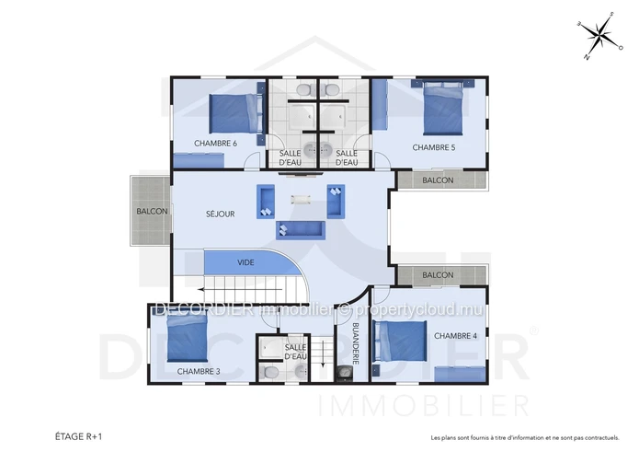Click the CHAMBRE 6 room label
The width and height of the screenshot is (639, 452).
(215, 144)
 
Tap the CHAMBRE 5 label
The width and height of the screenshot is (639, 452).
(434, 147)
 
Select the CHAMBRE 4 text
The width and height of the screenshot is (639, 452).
(455, 336)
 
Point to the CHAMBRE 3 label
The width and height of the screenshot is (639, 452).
(199, 372)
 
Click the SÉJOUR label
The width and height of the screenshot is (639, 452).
(220, 214)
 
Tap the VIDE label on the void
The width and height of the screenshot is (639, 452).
(245, 262)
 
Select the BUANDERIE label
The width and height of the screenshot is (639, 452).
(356, 343)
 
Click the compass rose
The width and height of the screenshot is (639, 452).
(600, 36)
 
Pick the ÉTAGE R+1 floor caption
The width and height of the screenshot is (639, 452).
(79, 436)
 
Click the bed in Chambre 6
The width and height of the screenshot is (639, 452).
(235, 113)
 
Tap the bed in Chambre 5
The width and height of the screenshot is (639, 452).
(443, 109)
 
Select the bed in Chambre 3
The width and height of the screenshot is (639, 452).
(188, 339)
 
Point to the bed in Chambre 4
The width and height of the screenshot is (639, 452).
(400, 341)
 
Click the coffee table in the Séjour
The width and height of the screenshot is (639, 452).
(301, 200)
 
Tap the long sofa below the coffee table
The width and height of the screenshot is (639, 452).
(301, 230)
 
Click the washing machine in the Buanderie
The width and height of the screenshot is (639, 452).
(345, 374)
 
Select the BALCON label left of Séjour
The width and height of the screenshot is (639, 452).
(152, 212)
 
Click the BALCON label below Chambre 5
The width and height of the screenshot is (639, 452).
(438, 180)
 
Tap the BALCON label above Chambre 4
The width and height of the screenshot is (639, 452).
(438, 275)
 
